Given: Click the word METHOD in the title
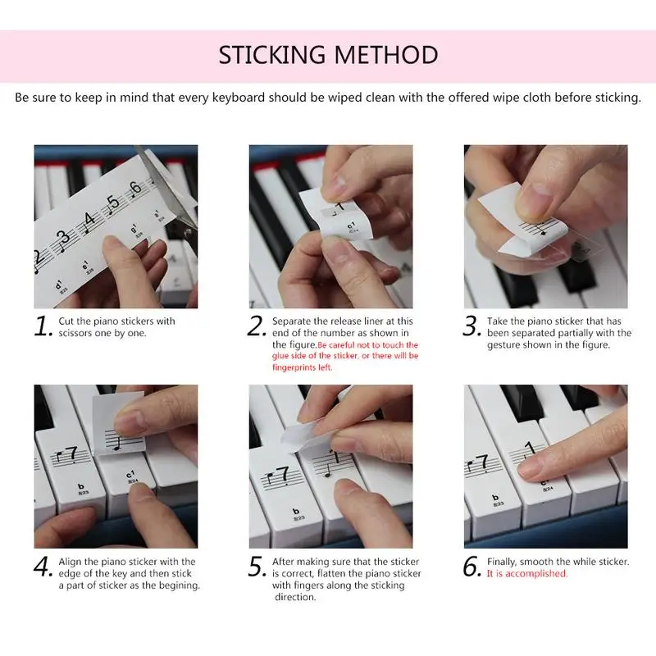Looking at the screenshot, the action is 386,55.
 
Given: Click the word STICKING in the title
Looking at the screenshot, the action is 272,55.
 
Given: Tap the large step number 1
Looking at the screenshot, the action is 43,326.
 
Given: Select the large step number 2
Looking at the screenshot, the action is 256,326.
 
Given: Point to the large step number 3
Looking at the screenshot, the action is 471,326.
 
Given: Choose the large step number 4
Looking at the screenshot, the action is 43,567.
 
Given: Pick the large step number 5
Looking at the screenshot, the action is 257,567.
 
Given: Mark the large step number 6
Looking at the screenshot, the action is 472,567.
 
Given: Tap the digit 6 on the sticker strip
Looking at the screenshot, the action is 135,189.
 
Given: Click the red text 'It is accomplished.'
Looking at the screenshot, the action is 527,573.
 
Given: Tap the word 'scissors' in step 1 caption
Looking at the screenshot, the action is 75,333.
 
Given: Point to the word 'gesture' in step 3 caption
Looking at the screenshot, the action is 503,345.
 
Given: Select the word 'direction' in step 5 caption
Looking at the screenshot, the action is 295,597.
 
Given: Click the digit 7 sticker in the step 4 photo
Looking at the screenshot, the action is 72,454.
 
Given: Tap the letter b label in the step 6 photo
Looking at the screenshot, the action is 496,498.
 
